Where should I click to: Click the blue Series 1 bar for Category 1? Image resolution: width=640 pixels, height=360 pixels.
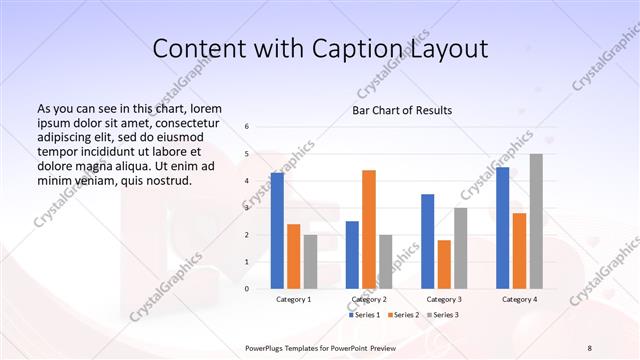coord(277,230)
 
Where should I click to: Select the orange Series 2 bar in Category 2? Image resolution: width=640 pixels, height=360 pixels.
coord(369,229)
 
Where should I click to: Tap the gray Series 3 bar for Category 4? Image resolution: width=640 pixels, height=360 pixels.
coord(536,221)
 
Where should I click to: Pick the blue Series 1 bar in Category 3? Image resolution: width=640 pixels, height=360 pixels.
coord(428,241)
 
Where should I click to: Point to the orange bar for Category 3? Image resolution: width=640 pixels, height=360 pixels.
coord(444,264)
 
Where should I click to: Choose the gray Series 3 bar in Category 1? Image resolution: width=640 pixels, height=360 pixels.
coord(310,261)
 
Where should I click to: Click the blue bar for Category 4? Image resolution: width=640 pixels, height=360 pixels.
coord(503,227)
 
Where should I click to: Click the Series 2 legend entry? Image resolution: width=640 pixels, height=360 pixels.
coord(404,315)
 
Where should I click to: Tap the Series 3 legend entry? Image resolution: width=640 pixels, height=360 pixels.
coord(442,315)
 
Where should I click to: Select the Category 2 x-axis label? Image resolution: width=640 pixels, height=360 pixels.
coord(369,299)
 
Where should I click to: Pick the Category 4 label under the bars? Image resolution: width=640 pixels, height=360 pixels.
coord(519,299)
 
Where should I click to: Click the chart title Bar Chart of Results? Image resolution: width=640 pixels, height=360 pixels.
coord(402,110)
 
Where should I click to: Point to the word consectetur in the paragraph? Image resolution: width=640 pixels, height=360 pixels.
coord(183,122)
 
